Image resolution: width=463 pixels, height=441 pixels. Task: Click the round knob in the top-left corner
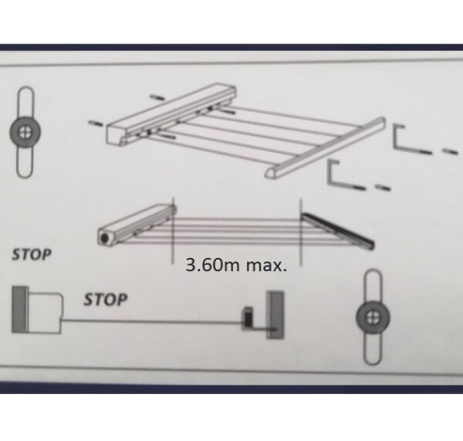(x=25, y=132)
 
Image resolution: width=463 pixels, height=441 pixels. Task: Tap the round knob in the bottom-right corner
(x=373, y=317)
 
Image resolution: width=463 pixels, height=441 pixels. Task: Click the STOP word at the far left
(x=32, y=255)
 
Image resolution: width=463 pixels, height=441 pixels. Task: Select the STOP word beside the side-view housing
(x=106, y=300)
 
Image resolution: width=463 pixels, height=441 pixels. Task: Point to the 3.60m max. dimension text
(x=236, y=265)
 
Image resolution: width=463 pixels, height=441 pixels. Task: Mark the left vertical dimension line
(x=174, y=231)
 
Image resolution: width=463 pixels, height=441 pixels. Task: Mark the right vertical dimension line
(x=301, y=232)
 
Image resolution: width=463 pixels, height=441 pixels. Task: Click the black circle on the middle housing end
(x=104, y=238)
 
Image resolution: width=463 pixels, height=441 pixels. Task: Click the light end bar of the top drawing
(x=325, y=148)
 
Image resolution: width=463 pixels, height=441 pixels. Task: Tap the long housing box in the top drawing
(x=171, y=114)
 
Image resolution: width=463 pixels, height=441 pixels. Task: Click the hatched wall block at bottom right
(x=275, y=315)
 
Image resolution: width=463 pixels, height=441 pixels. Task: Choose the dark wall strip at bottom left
(x=20, y=310)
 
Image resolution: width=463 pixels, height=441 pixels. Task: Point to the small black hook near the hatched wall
(x=248, y=318)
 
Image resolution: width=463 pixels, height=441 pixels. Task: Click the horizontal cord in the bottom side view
(x=152, y=321)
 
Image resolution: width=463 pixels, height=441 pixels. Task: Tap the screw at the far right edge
(x=451, y=151)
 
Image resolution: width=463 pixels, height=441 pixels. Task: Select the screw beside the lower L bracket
(x=383, y=188)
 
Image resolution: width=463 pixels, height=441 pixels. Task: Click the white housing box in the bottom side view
(x=46, y=313)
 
